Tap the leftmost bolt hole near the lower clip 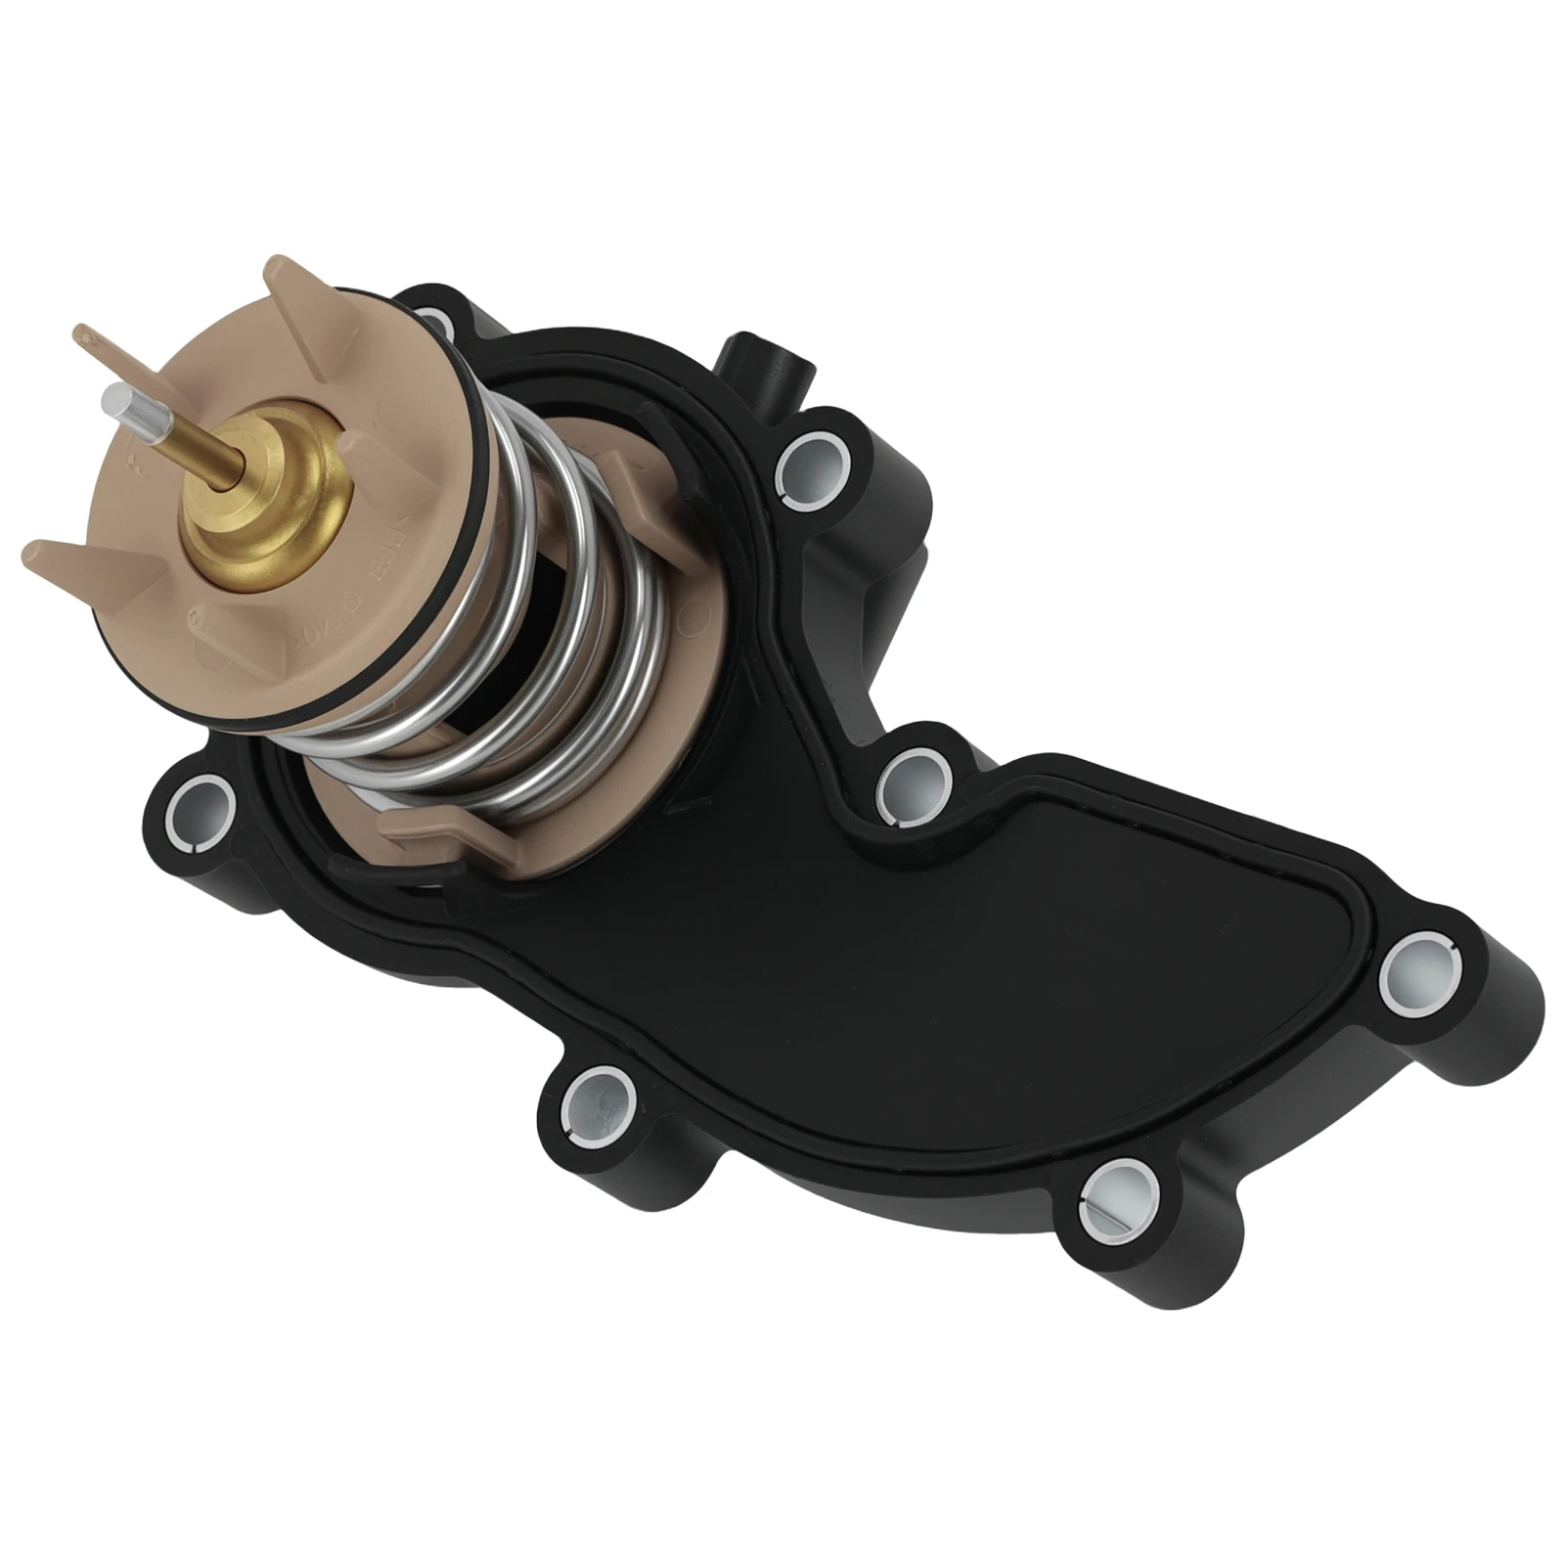pos(201,808)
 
